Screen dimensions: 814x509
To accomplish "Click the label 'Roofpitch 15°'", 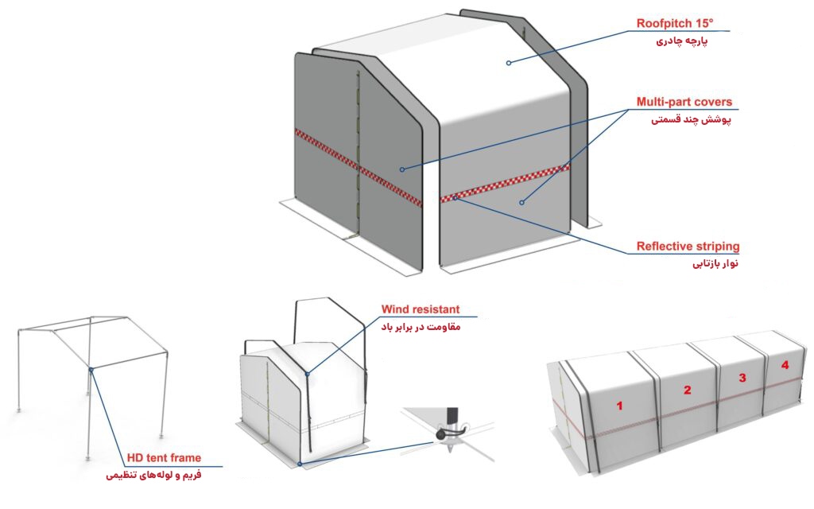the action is pyautogui.click(x=675, y=23).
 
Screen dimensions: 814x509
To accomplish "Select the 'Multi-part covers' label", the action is pyautogui.click(x=684, y=102).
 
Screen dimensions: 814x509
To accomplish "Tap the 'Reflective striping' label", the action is pyautogui.click(x=688, y=246).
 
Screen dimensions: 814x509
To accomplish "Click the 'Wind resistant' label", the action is pyautogui.click(x=421, y=309).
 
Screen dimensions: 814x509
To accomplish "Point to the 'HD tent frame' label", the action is pyautogui.click(x=164, y=457).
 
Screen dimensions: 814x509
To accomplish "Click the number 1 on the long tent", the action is pyautogui.click(x=619, y=405).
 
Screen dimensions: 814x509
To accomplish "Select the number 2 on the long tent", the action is pyautogui.click(x=688, y=390).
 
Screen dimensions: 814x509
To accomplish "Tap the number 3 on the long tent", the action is pyautogui.click(x=742, y=378).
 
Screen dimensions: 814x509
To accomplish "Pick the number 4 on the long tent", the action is pyautogui.click(x=785, y=365).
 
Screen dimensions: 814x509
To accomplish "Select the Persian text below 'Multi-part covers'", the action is pyautogui.click(x=692, y=120).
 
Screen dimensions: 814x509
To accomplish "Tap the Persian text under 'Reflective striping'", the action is pyautogui.click(x=715, y=264).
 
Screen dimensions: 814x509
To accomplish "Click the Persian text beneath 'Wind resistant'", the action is pyautogui.click(x=421, y=327).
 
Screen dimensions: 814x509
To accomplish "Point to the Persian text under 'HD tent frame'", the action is pyautogui.click(x=153, y=476).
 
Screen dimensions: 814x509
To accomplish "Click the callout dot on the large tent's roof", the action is pyautogui.click(x=509, y=63).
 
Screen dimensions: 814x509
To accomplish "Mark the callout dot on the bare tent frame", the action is pyautogui.click(x=91, y=370).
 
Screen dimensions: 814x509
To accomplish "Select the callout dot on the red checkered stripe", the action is pyautogui.click(x=455, y=197).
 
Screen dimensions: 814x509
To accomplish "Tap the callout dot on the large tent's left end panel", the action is pyautogui.click(x=401, y=169).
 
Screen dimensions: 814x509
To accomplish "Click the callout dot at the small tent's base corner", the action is pyautogui.click(x=300, y=464).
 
